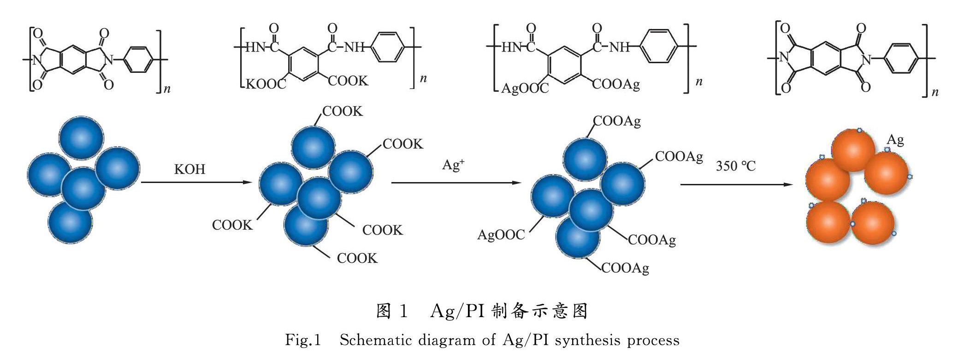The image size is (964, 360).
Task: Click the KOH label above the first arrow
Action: [x=189, y=169]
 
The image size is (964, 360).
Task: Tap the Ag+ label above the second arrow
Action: [x=453, y=165]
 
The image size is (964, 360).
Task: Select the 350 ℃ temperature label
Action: [x=735, y=166]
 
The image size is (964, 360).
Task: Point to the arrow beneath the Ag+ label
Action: [x=456, y=183]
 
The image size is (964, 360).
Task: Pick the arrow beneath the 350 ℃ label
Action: [x=736, y=185]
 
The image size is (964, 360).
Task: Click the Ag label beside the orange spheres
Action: [x=895, y=140]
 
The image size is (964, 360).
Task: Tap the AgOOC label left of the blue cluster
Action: [x=501, y=235]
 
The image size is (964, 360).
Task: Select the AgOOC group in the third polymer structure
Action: [x=525, y=88]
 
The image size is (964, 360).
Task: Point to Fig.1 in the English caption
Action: [x=302, y=340]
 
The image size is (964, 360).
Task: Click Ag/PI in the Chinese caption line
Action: [x=457, y=312]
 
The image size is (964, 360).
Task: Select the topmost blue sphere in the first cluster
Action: [x=82, y=138]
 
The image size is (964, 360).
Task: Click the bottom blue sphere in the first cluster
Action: [x=70, y=222]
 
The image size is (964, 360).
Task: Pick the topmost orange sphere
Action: [x=853, y=150]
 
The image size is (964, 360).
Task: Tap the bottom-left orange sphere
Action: [x=828, y=223]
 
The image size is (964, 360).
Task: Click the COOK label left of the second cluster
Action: [x=232, y=225]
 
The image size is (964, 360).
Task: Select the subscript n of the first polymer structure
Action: [x=167, y=89]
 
